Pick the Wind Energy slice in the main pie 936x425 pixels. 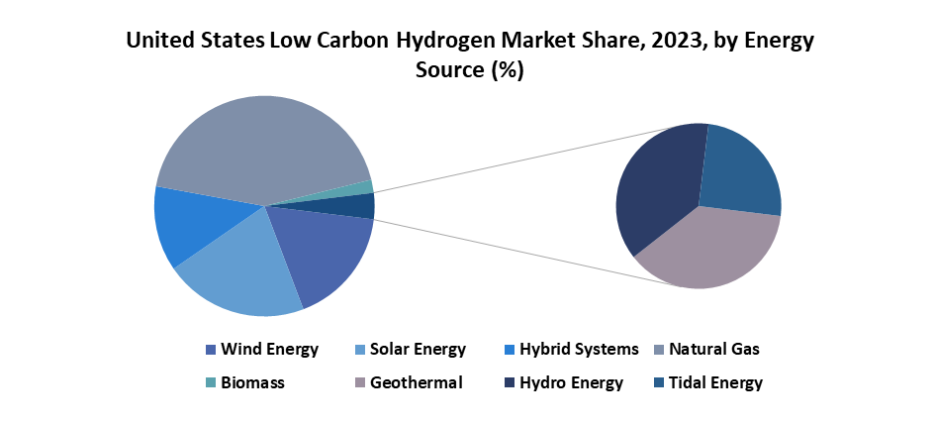[x=322, y=253]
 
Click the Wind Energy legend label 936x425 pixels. [x=269, y=349]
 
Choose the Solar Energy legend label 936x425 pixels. [x=419, y=349]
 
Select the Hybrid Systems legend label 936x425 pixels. [x=578, y=349]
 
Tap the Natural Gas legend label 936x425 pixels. [x=714, y=349]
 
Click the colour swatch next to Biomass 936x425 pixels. [x=210, y=383]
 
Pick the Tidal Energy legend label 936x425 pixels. [x=714, y=383]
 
